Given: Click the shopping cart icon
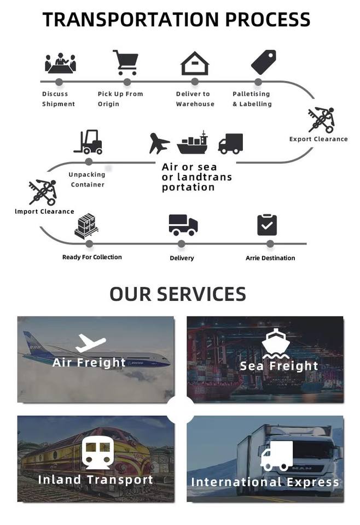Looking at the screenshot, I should pos(125,62).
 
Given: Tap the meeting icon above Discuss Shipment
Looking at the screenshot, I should pos(60,63).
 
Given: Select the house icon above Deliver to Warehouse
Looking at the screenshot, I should pos(195,63).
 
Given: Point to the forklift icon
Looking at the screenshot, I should pos(88,142).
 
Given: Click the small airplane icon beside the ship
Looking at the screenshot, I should pos(159,143).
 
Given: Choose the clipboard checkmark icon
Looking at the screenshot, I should pos(267,224).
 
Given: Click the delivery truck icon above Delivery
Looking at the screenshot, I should pos(183,224).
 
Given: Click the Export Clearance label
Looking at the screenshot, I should pos(318,139).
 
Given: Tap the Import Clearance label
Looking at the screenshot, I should pos(44,212).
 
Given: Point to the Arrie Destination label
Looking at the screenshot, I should pos(270,258).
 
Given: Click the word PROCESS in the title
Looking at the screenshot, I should pos(268,20).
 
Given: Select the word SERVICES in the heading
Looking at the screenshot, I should pos(201,294).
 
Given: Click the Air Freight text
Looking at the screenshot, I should pos(89,363).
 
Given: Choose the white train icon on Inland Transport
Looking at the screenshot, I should pos(96,452).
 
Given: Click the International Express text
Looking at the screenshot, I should pos(265,482).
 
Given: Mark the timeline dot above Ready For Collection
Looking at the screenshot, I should pos(89,244).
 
